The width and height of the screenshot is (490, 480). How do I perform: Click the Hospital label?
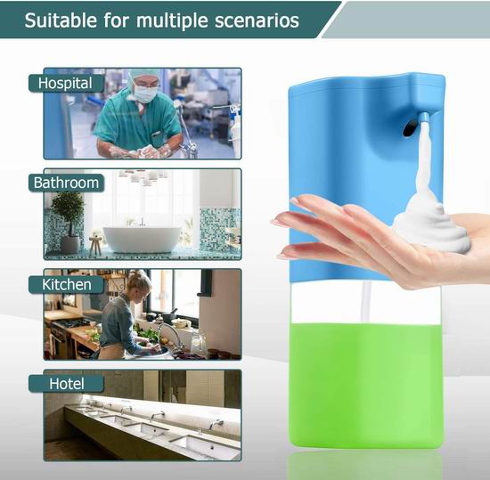(x=66, y=83)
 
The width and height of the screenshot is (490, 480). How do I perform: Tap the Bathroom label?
(x=66, y=183)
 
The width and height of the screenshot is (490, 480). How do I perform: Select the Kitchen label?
(x=66, y=284)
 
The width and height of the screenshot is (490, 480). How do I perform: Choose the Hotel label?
(x=66, y=384)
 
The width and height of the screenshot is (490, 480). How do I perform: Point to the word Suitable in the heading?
(x=61, y=20)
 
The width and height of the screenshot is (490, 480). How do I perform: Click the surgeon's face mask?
(x=145, y=94)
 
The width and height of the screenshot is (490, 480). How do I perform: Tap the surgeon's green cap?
(x=143, y=75)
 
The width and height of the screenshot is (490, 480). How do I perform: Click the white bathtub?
(x=143, y=239)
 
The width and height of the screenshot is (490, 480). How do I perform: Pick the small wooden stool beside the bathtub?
(x=95, y=245)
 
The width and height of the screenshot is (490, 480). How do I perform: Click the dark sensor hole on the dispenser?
(x=410, y=128)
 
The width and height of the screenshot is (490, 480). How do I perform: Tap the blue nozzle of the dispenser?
(x=424, y=117)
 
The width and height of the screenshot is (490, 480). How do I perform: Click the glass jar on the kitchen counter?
(x=198, y=342)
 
